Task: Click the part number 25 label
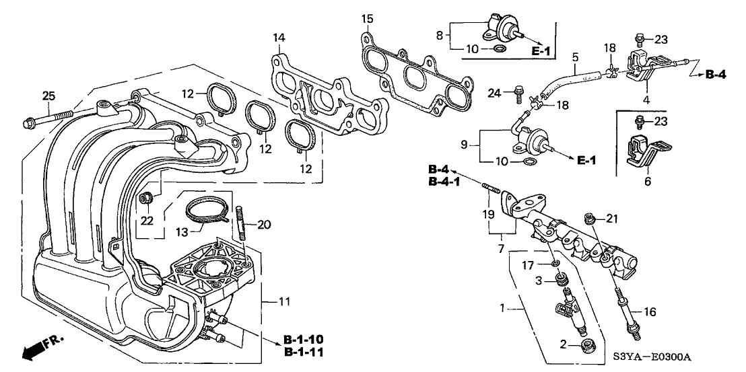point(48,96)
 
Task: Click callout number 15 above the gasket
point(366,17)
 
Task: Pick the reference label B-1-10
point(304,338)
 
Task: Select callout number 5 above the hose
point(575,58)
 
